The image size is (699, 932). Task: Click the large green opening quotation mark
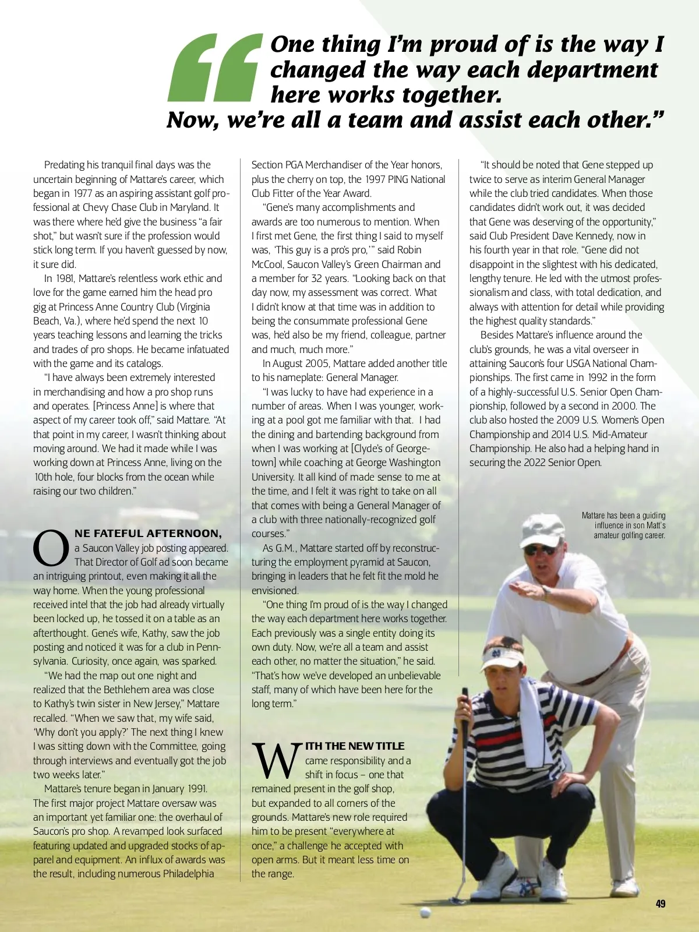coord(214,68)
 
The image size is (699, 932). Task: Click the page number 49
coord(660,903)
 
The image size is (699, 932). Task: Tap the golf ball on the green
coord(425,912)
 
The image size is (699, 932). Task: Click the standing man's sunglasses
coord(539,549)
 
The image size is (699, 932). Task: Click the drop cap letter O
coord(51,548)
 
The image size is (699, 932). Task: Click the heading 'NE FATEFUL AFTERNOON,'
coord(148,533)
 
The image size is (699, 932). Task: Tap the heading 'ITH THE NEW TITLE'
coord(354,746)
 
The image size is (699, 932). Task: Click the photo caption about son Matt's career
coord(623,525)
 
